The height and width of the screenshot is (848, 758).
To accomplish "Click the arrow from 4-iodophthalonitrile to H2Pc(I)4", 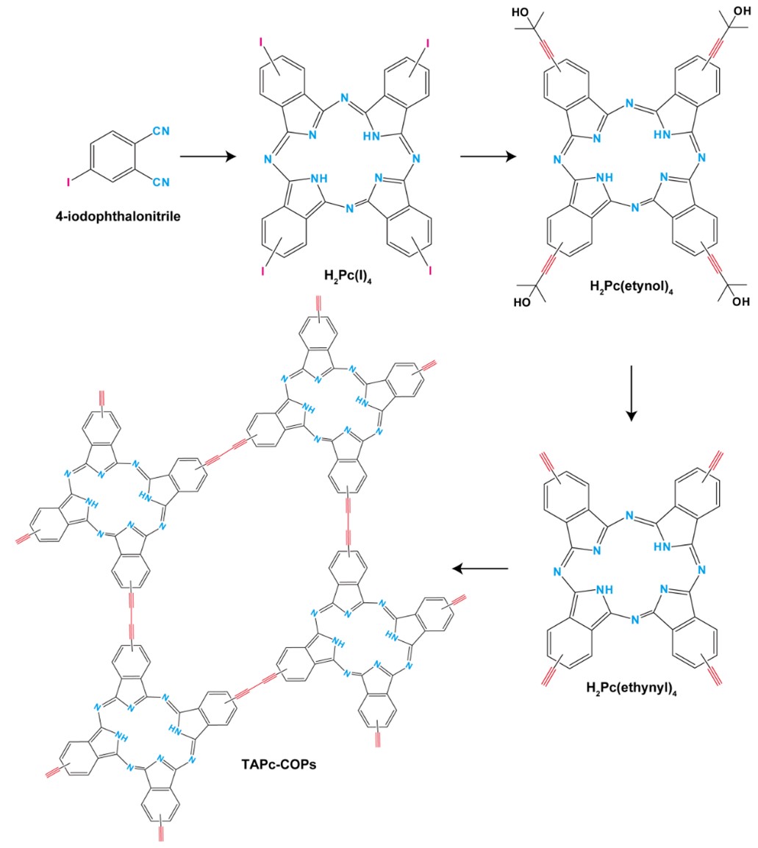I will click(208, 156).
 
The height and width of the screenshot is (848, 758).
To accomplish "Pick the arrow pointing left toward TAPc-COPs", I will click(480, 568).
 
